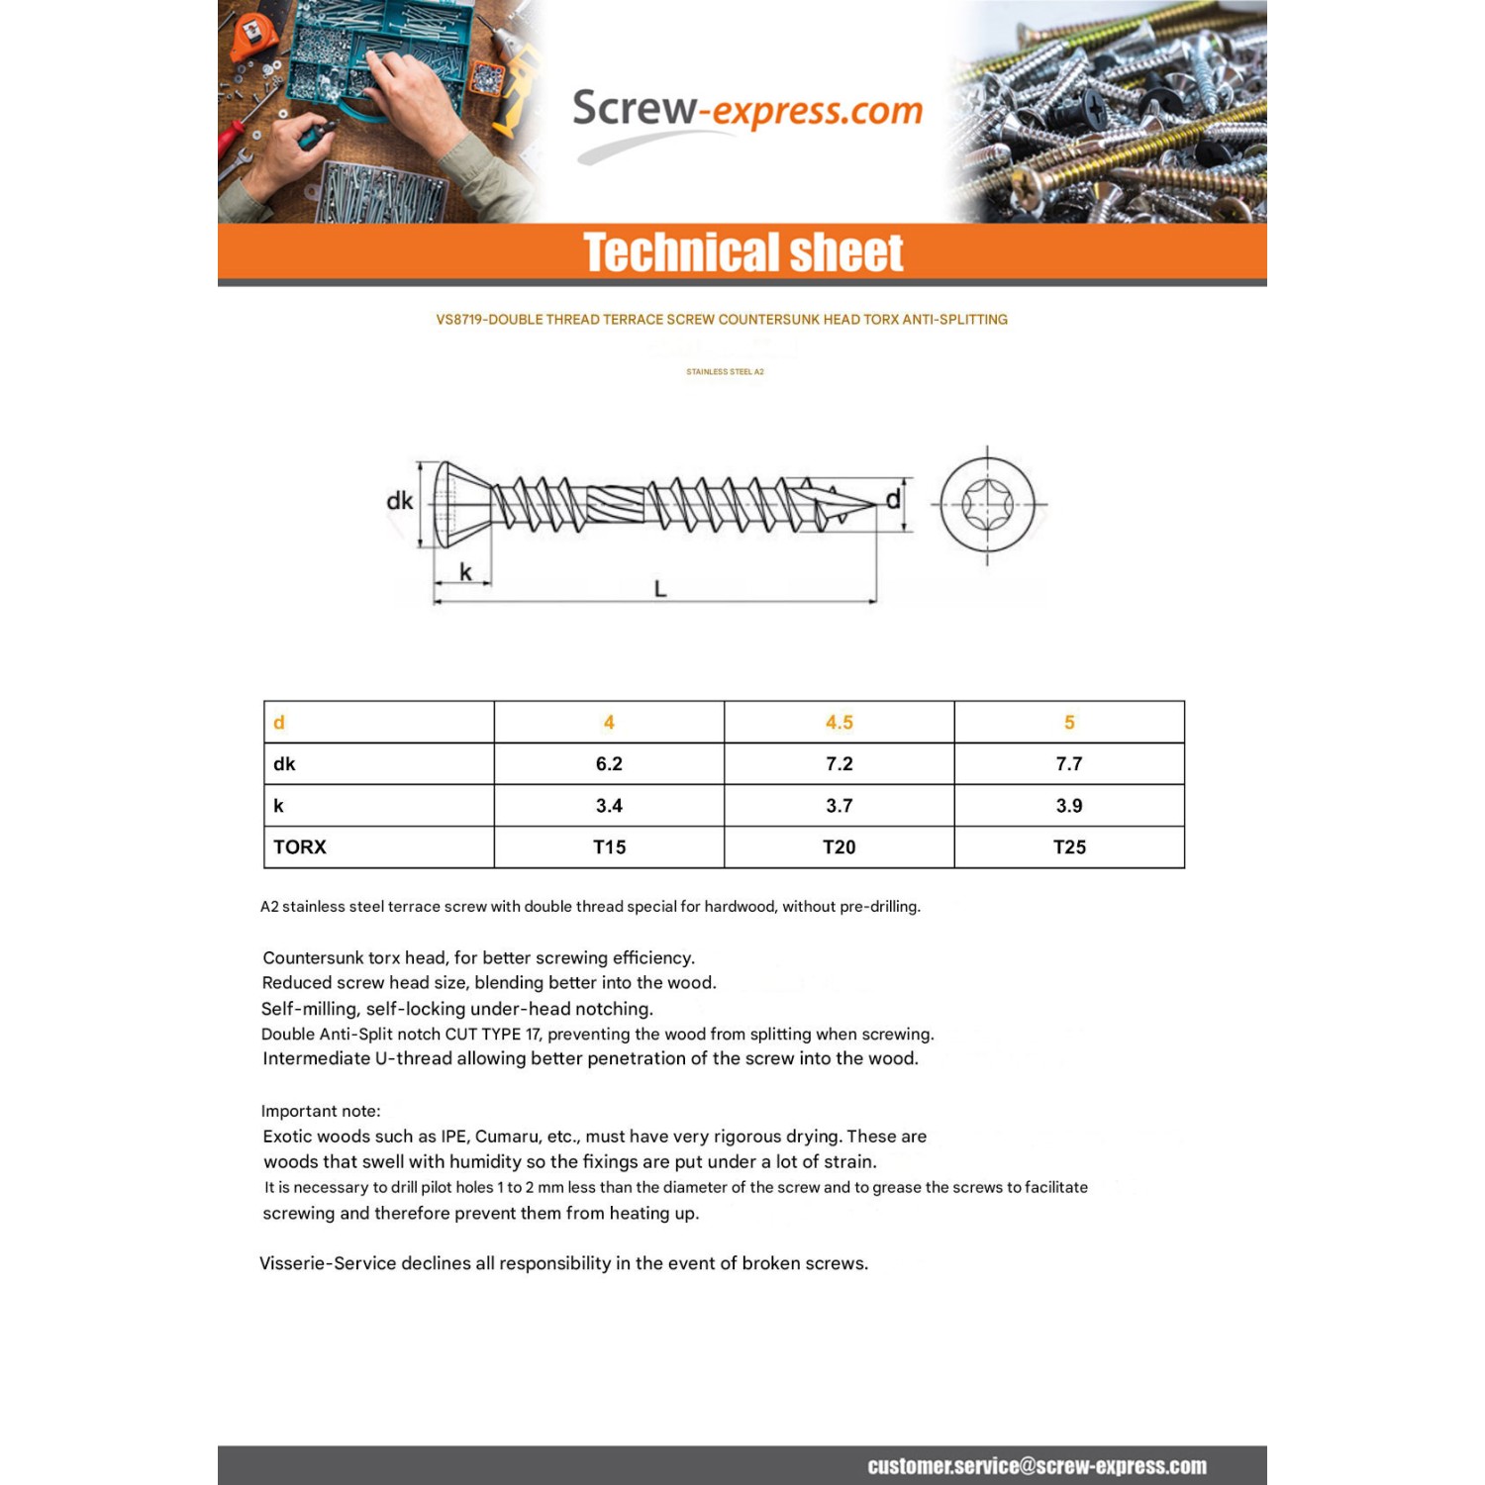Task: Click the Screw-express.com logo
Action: [747, 111]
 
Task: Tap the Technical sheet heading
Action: [742, 252]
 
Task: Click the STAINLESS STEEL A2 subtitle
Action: [725, 372]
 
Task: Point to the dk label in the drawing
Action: [399, 501]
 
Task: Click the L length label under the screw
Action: [660, 589]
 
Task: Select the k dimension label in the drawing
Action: [465, 572]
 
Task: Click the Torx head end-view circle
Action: [987, 504]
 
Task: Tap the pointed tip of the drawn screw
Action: [873, 505]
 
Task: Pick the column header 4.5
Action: [839, 723]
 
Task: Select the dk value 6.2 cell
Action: [609, 764]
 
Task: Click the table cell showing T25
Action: [1069, 847]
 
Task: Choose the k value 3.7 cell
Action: [839, 806]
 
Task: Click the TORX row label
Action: [300, 847]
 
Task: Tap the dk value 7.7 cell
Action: [1069, 764]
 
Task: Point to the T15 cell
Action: [609, 847]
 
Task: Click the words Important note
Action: [321, 1111]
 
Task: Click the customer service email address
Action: [1037, 1466]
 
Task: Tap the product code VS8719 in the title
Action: [459, 320]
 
